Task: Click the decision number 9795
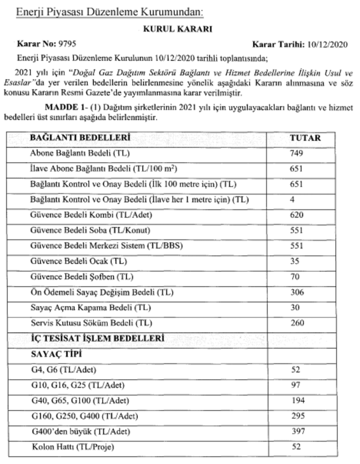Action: (65, 44)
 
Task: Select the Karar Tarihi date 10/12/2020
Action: (328, 44)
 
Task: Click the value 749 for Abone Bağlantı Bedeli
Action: (296, 153)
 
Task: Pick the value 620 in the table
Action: (296, 215)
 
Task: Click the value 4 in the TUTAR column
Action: (292, 200)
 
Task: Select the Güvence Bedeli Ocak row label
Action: (79, 261)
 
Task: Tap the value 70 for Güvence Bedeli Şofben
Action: (295, 276)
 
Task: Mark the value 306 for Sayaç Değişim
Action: (296, 292)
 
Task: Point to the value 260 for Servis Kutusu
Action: (296, 323)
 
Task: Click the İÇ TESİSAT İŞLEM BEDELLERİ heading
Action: (97, 338)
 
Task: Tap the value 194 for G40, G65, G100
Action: (297, 401)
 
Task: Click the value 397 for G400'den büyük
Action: (297, 431)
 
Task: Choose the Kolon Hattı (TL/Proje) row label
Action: (73, 447)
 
